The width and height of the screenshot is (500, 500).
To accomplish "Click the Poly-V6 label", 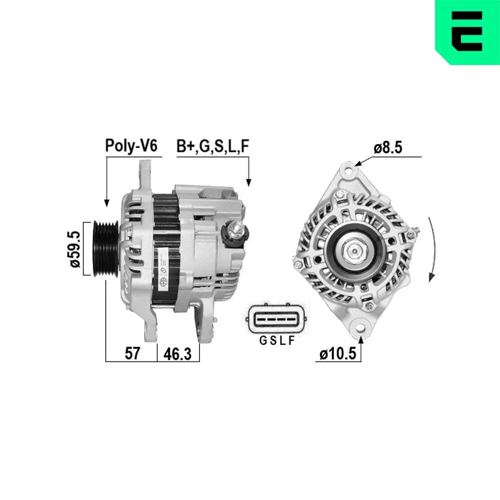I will pos(131,145).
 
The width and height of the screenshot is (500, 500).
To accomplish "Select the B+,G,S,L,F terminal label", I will pos(212,145).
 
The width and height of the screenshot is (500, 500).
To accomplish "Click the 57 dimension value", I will pos(131,353).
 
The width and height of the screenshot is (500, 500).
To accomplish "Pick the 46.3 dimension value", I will pos(178,353).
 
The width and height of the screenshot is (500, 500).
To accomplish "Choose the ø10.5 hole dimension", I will pos(337,354).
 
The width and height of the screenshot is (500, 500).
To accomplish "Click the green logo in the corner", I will pos(467,32).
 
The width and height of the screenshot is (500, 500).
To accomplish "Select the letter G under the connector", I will pos(262,341).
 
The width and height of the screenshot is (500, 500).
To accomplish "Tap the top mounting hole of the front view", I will pos(349,170).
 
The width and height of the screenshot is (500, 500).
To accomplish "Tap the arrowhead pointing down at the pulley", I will pos(106,202).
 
